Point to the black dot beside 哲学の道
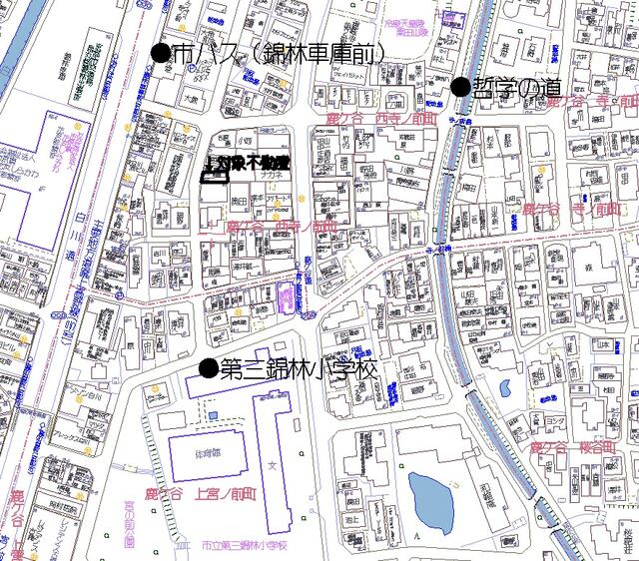point(460,87)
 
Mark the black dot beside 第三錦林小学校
point(208,369)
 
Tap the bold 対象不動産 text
point(247,162)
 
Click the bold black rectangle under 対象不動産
point(215,179)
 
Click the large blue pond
point(431,501)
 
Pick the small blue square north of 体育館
point(212,412)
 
